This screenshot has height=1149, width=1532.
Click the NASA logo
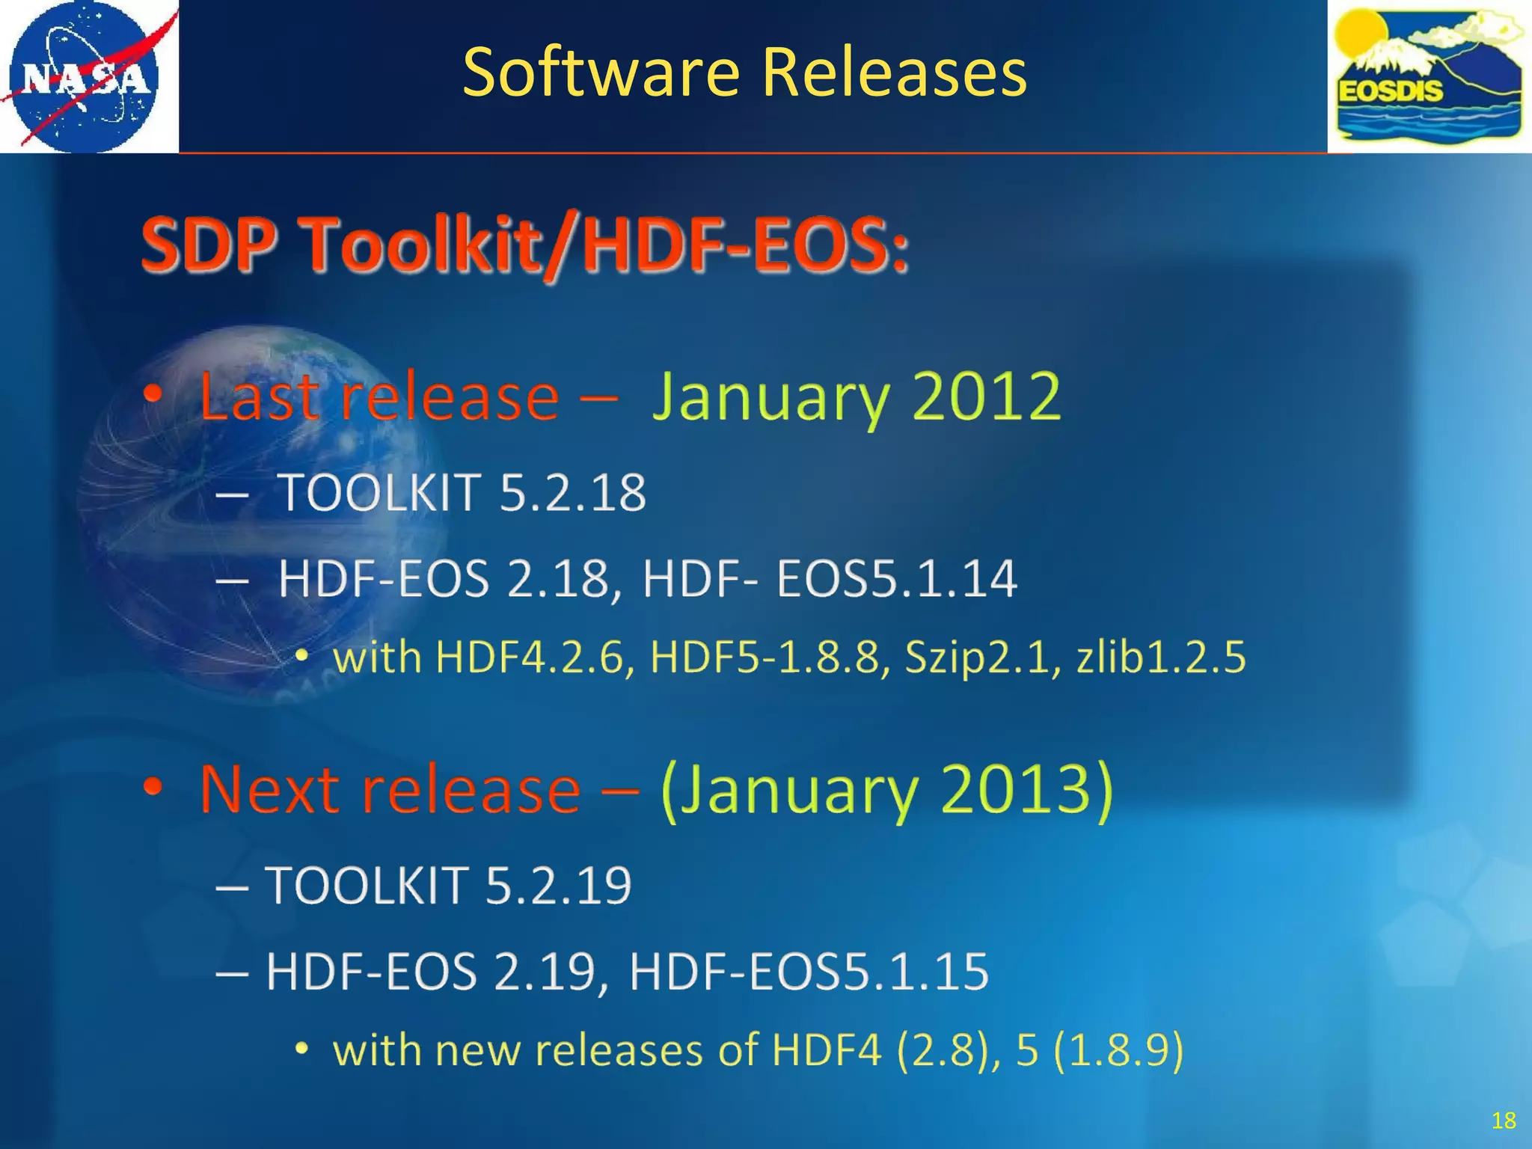(x=88, y=76)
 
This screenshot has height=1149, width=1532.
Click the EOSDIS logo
(x=1429, y=76)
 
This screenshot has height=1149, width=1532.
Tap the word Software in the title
(x=601, y=73)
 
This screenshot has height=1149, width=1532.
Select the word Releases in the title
(x=894, y=73)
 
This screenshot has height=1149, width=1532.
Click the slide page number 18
(x=1503, y=1120)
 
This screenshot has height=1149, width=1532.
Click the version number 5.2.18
(x=572, y=493)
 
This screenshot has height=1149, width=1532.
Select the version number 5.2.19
(x=558, y=886)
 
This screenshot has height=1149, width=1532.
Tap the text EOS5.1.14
(x=896, y=579)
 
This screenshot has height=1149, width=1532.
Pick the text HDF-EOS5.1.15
(x=809, y=972)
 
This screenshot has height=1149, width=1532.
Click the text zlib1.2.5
(x=1161, y=658)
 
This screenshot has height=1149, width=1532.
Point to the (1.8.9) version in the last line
(x=1118, y=1050)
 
